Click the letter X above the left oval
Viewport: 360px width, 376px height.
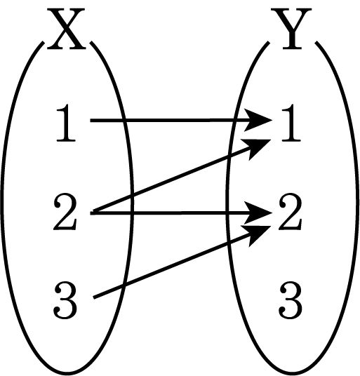pos(66,29)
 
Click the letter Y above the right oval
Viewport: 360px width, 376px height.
pos(291,29)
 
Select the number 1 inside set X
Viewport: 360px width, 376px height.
pos(66,123)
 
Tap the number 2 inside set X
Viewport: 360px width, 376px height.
pos(65,213)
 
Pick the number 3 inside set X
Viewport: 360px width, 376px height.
pos(65,300)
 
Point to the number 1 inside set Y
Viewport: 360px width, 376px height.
pos(291,123)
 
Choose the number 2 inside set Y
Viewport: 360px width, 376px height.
pos(291,213)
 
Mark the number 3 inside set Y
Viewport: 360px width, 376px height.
pos(291,300)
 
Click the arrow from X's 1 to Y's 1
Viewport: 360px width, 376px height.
pos(181,120)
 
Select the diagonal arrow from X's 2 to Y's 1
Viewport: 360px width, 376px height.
pos(182,176)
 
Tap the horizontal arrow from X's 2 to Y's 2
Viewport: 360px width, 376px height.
pos(181,213)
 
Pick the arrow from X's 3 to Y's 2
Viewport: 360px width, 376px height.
pos(182,262)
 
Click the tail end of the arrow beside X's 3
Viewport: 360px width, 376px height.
pos(93,298)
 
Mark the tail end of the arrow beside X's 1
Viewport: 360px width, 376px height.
pos(91,120)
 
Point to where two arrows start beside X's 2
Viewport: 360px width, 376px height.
pos(93,213)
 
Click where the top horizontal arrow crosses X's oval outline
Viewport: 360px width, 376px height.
pos(124,120)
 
